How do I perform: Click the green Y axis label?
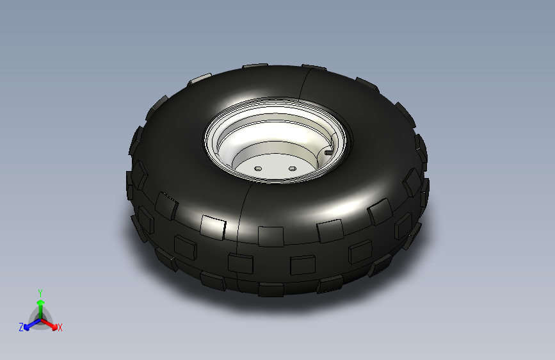click(x=40, y=293)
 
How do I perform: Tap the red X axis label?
click(x=60, y=328)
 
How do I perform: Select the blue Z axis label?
click(x=21, y=327)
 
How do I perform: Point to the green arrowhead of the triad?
click(x=41, y=303)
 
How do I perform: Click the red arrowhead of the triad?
click(x=54, y=327)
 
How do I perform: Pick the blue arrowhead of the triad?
click(x=27, y=327)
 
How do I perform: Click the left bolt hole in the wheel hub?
click(x=258, y=168)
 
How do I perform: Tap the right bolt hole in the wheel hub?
click(x=293, y=168)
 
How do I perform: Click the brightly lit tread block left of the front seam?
click(x=213, y=227)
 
